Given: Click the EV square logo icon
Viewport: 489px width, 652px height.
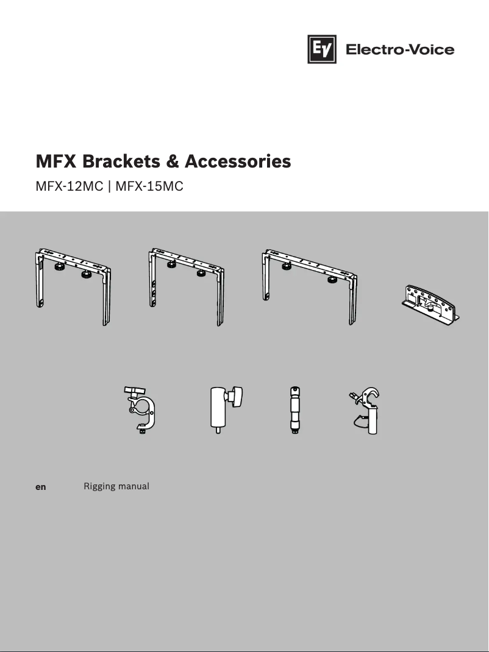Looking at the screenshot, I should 322,49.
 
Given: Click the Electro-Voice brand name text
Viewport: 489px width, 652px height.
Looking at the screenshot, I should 400,49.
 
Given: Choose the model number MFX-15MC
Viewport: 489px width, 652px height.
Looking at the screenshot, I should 149,186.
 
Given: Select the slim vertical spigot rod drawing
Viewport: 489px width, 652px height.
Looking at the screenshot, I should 296,409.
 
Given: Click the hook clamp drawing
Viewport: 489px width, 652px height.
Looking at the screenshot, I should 366,410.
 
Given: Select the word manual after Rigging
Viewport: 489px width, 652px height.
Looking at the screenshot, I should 134,487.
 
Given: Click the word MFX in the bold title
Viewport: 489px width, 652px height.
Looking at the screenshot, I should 56,161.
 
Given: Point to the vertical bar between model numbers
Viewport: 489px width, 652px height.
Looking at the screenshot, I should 110,186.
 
